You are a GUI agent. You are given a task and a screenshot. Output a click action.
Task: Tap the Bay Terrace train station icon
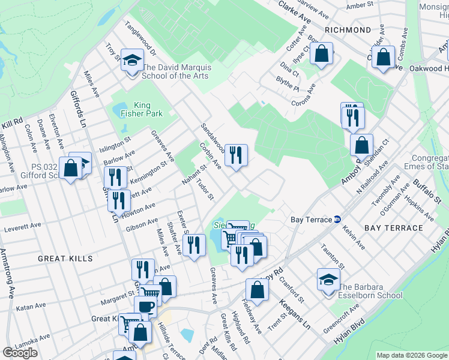point(337,220)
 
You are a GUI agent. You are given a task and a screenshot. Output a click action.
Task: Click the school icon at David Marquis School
point(131,61)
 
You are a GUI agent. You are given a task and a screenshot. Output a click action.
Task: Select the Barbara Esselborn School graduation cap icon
point(328,280)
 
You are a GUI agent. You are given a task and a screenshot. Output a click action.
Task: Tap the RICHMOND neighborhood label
point(348,29)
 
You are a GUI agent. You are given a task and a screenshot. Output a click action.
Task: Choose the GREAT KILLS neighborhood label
point(65,258)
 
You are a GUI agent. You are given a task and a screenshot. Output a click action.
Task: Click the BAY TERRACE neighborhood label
point(394,228)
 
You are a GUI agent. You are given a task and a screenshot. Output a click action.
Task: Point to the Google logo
point(20,353)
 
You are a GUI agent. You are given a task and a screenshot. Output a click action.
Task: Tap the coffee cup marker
point(145,307)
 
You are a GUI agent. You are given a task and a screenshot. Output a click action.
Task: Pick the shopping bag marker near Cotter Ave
point(322,53)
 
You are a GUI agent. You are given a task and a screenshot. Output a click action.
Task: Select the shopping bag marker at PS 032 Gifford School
point(70,168)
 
